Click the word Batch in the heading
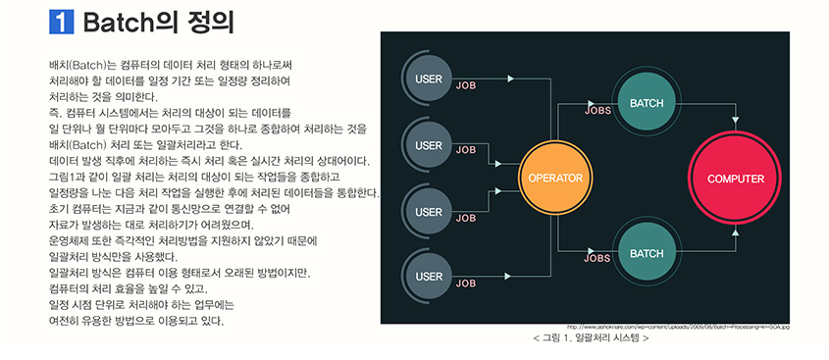click(x=115, y=22)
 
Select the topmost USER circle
click(x=429, y=78)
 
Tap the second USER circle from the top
click(x=429, y=145)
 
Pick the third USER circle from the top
click(x=429, y=211)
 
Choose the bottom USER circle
click(x=429, y=277)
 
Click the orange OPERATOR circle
click(x=555, y=179)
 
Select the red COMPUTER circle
click(x=736, y=179)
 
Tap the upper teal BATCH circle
click(x=647, y=103)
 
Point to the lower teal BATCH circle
click(x=647, y=253)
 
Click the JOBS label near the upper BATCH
click(x=597, y=112)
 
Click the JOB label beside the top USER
click(x=466, y=85)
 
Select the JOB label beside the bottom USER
click(x=466, y=283)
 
